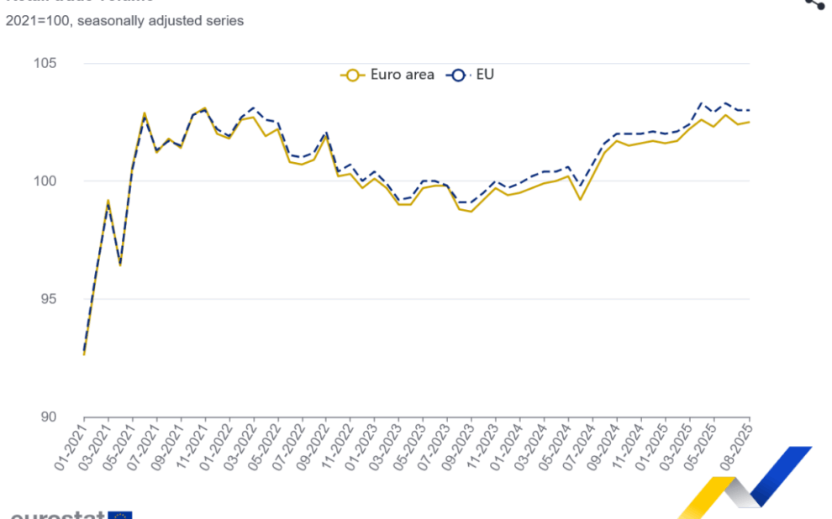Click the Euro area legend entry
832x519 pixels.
point(388,75)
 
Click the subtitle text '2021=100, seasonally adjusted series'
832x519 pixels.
point(124,20)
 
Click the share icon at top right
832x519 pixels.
point(814,3)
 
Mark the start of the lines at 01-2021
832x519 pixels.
point(84,354)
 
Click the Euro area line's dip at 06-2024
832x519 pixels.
point(580,199)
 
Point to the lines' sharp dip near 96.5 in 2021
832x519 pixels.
point(120,265)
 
